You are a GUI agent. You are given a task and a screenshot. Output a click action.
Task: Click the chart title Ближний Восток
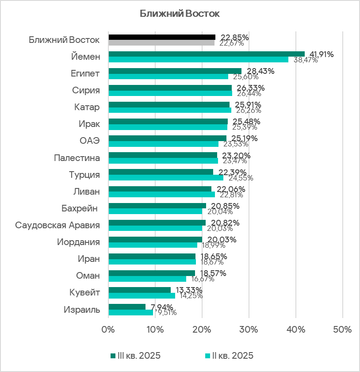pos(180,14)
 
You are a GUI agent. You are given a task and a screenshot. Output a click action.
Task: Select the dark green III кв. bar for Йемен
pos(207,54)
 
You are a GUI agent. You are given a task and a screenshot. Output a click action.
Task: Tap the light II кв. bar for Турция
pos(166,178)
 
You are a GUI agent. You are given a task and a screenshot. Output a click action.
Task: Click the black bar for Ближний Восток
pos(162,37)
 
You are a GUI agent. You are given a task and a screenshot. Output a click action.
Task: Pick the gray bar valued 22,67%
pos(161,43)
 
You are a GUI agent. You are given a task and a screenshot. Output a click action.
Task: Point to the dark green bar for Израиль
pos(127,307)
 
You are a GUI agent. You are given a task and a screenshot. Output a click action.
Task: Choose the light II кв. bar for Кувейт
pos(142,295)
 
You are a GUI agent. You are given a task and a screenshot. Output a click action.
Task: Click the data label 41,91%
pos(322,54)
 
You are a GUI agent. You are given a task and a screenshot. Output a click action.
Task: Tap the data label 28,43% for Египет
pos(260,71)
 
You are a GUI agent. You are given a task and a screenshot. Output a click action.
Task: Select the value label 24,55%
pos(241,178)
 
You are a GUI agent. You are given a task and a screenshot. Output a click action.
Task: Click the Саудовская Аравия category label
pos(57,225)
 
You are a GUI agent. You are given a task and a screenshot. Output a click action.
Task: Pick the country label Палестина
pos(77,158)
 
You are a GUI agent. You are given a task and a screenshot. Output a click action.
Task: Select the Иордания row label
pos(78,242)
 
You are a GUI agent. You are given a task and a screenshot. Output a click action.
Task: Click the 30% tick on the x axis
pos(249,330)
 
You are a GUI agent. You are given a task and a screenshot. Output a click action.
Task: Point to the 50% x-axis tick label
pos(342,330)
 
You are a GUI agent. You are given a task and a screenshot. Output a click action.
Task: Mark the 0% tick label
pos(108,330)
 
